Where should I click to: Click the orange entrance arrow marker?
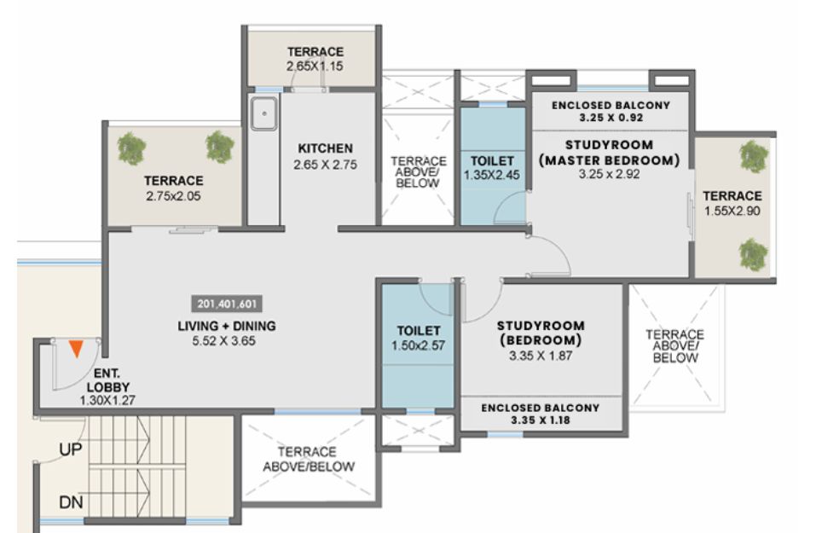click(76, 349)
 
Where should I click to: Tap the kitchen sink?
click(264, 113)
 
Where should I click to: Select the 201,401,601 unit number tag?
click(227, 304)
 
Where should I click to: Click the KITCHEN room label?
click(325, 148)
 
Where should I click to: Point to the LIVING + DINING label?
click(227, 326)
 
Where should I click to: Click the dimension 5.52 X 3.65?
click(223, 341)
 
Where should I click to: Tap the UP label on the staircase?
click(71, 449)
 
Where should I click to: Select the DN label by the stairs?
click(71, 502)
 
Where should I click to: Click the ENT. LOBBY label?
click(107, 380)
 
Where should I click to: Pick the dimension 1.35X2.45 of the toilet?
click(492, 176)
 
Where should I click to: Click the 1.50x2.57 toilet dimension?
click(419, 345)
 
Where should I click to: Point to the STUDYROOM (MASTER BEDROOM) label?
click(609, 153)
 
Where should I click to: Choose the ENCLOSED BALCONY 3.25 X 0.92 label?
click(611, 112)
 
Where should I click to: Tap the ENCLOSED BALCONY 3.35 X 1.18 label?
click(541, 414)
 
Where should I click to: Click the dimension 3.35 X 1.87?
click(541, 356)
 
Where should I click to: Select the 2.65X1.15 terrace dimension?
click(315, 67)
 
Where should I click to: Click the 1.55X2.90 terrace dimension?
click(732, 211)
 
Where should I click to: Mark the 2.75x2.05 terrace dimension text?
click(173, 196)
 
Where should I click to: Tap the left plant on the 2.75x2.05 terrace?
click(131, 148)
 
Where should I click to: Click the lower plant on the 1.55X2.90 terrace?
click(753, 254)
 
